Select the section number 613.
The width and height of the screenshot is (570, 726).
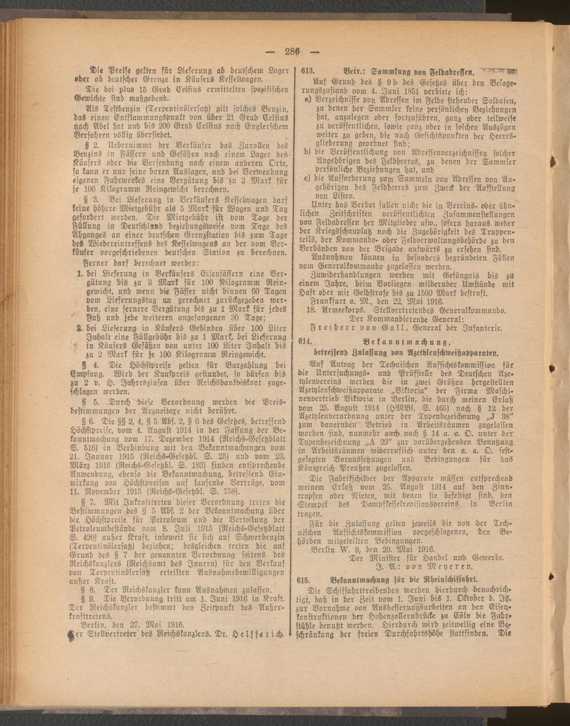pyautogui.click(x=307, y=73)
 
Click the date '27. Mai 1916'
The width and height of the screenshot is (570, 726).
pyautogui.click(x=138, y=624)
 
